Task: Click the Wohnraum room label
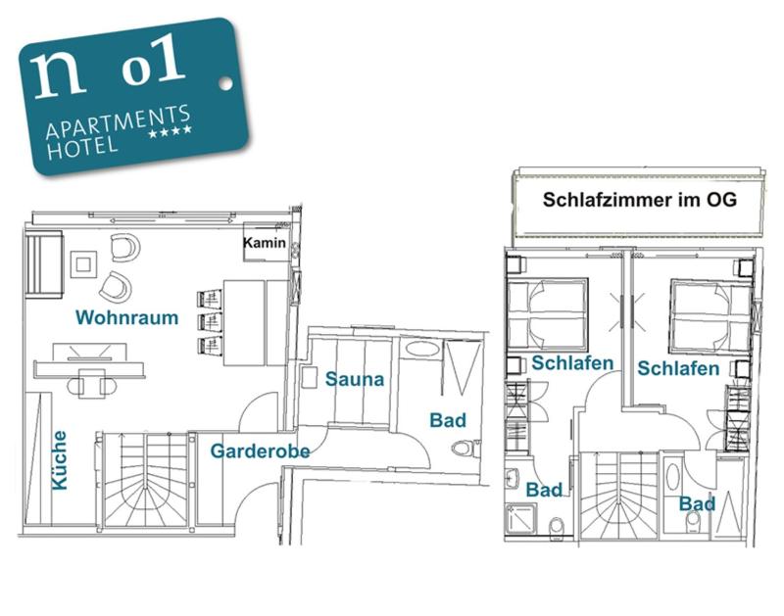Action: pyautogui.click(x=126, y=317)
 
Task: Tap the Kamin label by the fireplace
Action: pyautogui.click(x=265, y=243)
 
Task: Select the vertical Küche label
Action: pyautogui.click(x=59, y=460)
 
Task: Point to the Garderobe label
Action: pyautogui.click(x=260, y=451)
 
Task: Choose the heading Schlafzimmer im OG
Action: pyautogui.click(x=639, y=200)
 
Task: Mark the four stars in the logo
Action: pyautogui.click(x=169, y=133)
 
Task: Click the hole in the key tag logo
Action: pyautogui.click(x=224, y=84)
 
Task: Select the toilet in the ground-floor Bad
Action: pyautogui.click(x=465, y=449)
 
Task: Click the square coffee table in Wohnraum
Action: pyautogui.click(x=83, y=263)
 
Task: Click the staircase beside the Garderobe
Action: pyautogui.click(x=145, y=480)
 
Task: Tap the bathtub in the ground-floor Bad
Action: pyautogui.click(x=422, y=349)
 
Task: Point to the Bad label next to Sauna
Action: pyautogui.click(x=447, y=420)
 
